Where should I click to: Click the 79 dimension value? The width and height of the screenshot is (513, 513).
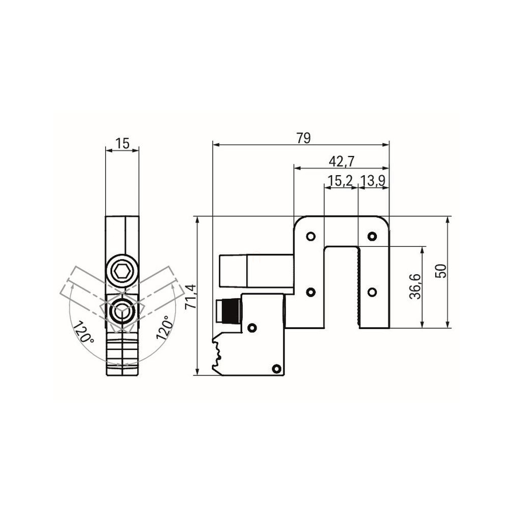pos(303,138)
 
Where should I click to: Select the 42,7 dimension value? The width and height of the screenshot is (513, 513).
pos(341,161)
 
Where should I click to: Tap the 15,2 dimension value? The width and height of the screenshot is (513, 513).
pos(340,181)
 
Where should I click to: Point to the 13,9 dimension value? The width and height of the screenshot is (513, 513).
pos(373,181)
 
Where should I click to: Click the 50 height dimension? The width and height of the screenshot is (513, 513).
pos(442,271)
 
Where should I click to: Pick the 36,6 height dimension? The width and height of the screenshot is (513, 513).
pos(415,286)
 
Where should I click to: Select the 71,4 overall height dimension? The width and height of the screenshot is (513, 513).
pos(191,297)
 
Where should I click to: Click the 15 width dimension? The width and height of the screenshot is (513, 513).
pos(122,143)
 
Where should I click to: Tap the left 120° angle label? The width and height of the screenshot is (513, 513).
pos(83,332)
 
